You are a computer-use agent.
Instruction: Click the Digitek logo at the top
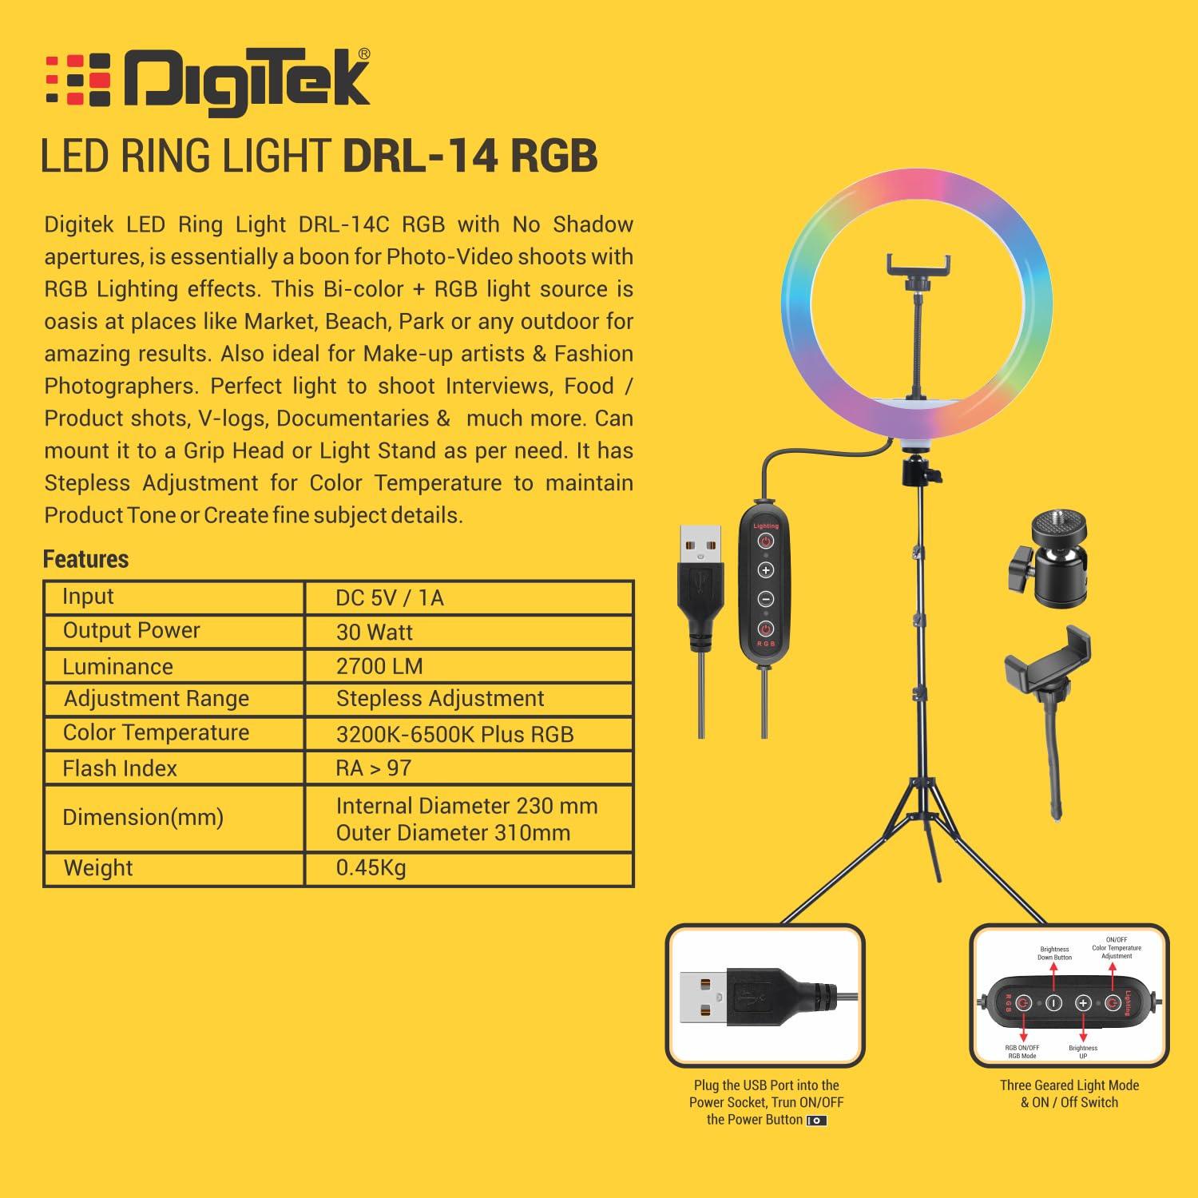tap(208, 79)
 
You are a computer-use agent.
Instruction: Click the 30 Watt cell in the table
tap(374, 632)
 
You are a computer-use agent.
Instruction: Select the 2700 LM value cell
tap(379, 666)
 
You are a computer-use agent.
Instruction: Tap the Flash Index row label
tap(120, 768)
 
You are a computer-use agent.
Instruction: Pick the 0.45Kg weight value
tap(371, 867)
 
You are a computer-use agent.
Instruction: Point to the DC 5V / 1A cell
tap(389, 597)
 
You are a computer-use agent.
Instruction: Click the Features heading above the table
tap(85, 559)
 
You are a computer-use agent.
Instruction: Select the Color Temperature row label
tap(156, 732)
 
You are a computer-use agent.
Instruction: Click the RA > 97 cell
tap(373, 768)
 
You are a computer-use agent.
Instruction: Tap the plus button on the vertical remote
tap(766, 570)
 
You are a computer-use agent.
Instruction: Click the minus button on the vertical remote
tap(766, 599)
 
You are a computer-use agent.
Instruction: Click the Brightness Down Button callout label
tap(1054, 953)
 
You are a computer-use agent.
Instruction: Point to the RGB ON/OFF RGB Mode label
tap(1022, 1051)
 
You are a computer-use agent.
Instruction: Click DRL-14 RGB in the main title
tap(470, 156)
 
